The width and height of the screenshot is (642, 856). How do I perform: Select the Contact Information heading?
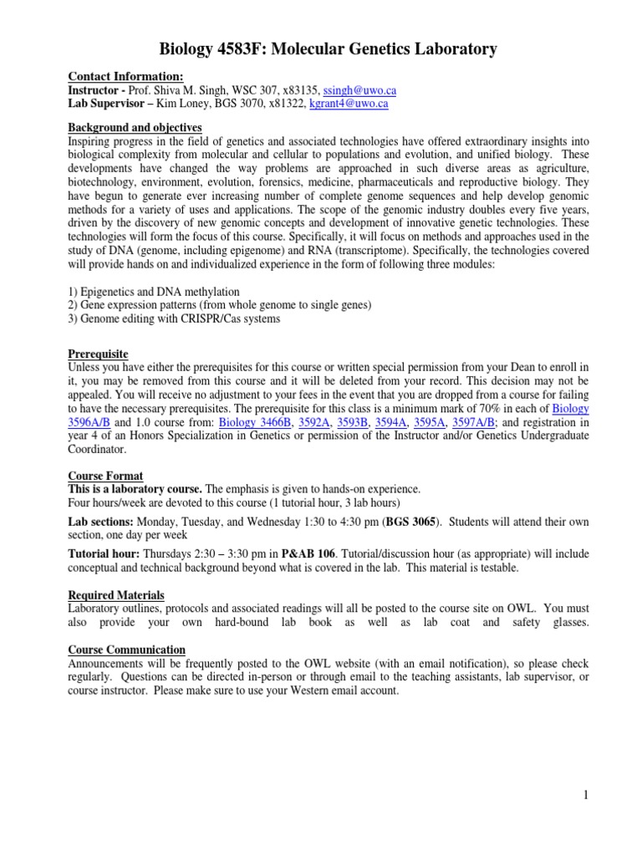[125, 77]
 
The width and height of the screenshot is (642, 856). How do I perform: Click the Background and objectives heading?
[135, 127]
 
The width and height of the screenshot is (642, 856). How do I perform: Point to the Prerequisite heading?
[98, 354]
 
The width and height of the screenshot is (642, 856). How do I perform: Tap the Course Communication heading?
[126, 650]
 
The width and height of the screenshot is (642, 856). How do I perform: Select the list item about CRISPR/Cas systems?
[174, 318]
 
